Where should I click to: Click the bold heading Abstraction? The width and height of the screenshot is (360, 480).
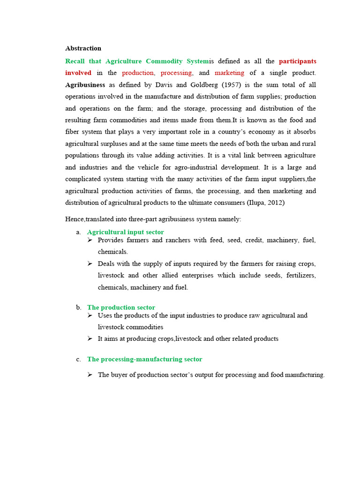point(83,48)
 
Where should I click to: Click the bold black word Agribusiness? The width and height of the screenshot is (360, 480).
point(85,85)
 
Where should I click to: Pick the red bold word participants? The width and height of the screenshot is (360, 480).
point(297,61)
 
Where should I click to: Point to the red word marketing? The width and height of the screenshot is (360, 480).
point(229,73)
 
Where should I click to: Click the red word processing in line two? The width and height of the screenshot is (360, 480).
point(176,73)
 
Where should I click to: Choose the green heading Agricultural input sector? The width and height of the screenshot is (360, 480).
point(125,232)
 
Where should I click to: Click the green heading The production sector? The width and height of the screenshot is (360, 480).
point(121,307)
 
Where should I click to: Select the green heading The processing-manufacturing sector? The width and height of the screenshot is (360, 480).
point(144,359)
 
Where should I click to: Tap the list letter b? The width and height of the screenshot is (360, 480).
point(78,307)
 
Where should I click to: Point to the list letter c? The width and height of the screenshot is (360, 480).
point(78,359)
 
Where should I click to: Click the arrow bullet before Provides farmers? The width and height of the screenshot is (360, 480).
point(90,240)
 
